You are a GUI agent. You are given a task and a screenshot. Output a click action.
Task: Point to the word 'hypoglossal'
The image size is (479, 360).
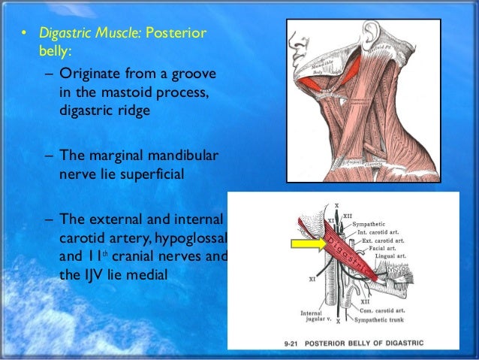pos(197,238)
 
